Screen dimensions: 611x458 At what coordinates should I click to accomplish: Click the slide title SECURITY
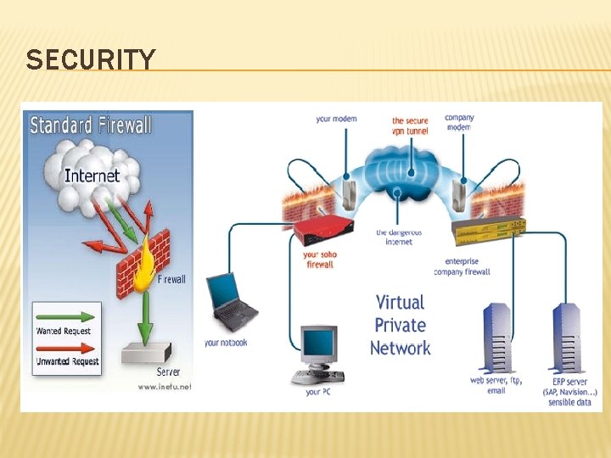coord(91,60)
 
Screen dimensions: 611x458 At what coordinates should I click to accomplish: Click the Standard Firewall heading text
coord(91,126)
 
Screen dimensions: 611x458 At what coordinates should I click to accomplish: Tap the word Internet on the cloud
coord(92,176)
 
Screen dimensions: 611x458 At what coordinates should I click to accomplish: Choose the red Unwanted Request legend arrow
coord(64,348)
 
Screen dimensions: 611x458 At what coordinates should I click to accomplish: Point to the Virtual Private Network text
coord(400,325)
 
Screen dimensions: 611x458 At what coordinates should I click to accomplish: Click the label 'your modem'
coord(336,119)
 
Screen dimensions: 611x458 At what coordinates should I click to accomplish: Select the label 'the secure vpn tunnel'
coord(411,126)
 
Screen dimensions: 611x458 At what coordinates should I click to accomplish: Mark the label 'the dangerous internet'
coord(399,237)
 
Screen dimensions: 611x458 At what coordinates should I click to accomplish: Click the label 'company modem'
coord(459,122)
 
